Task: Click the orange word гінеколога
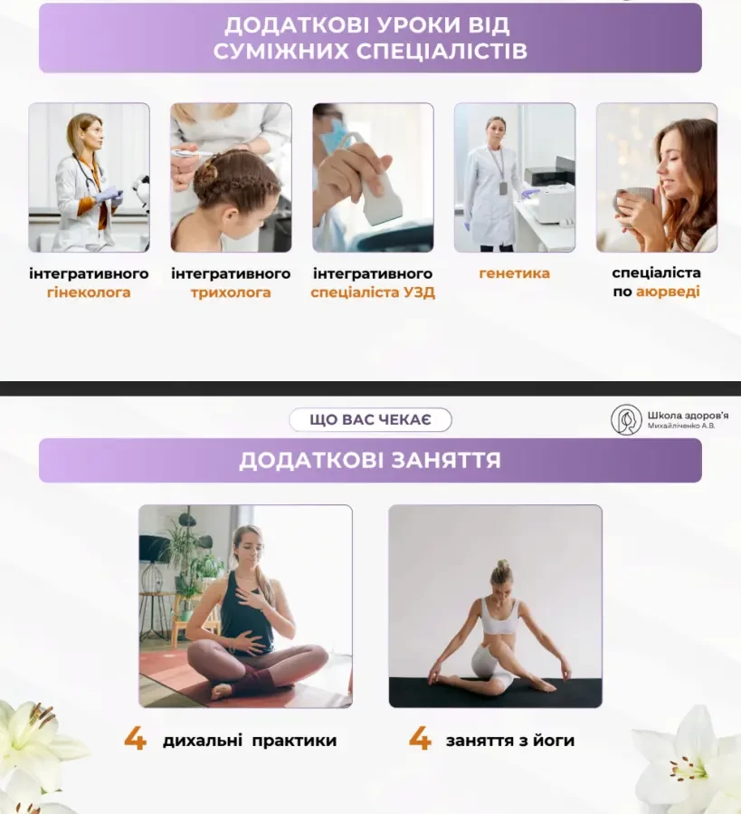tap(89, 292)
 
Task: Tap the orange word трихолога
tap(231, 292)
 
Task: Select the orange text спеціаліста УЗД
tap(373, 292)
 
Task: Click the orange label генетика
tap(514, 273)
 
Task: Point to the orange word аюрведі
tap(668, 292)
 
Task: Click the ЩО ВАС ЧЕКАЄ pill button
tap(371, 419)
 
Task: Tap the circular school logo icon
tap(626, 419)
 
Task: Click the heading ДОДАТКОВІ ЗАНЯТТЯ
tap(371, 461)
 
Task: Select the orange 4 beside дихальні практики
tap(135, 739)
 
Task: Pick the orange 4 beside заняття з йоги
tap(420, 739)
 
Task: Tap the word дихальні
tap(203, 741)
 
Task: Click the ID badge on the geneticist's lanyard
tap(503, 188)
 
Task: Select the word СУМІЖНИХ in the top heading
tap(280, 52)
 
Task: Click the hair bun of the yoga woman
tap(502, 566)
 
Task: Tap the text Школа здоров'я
tap(688, 416)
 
